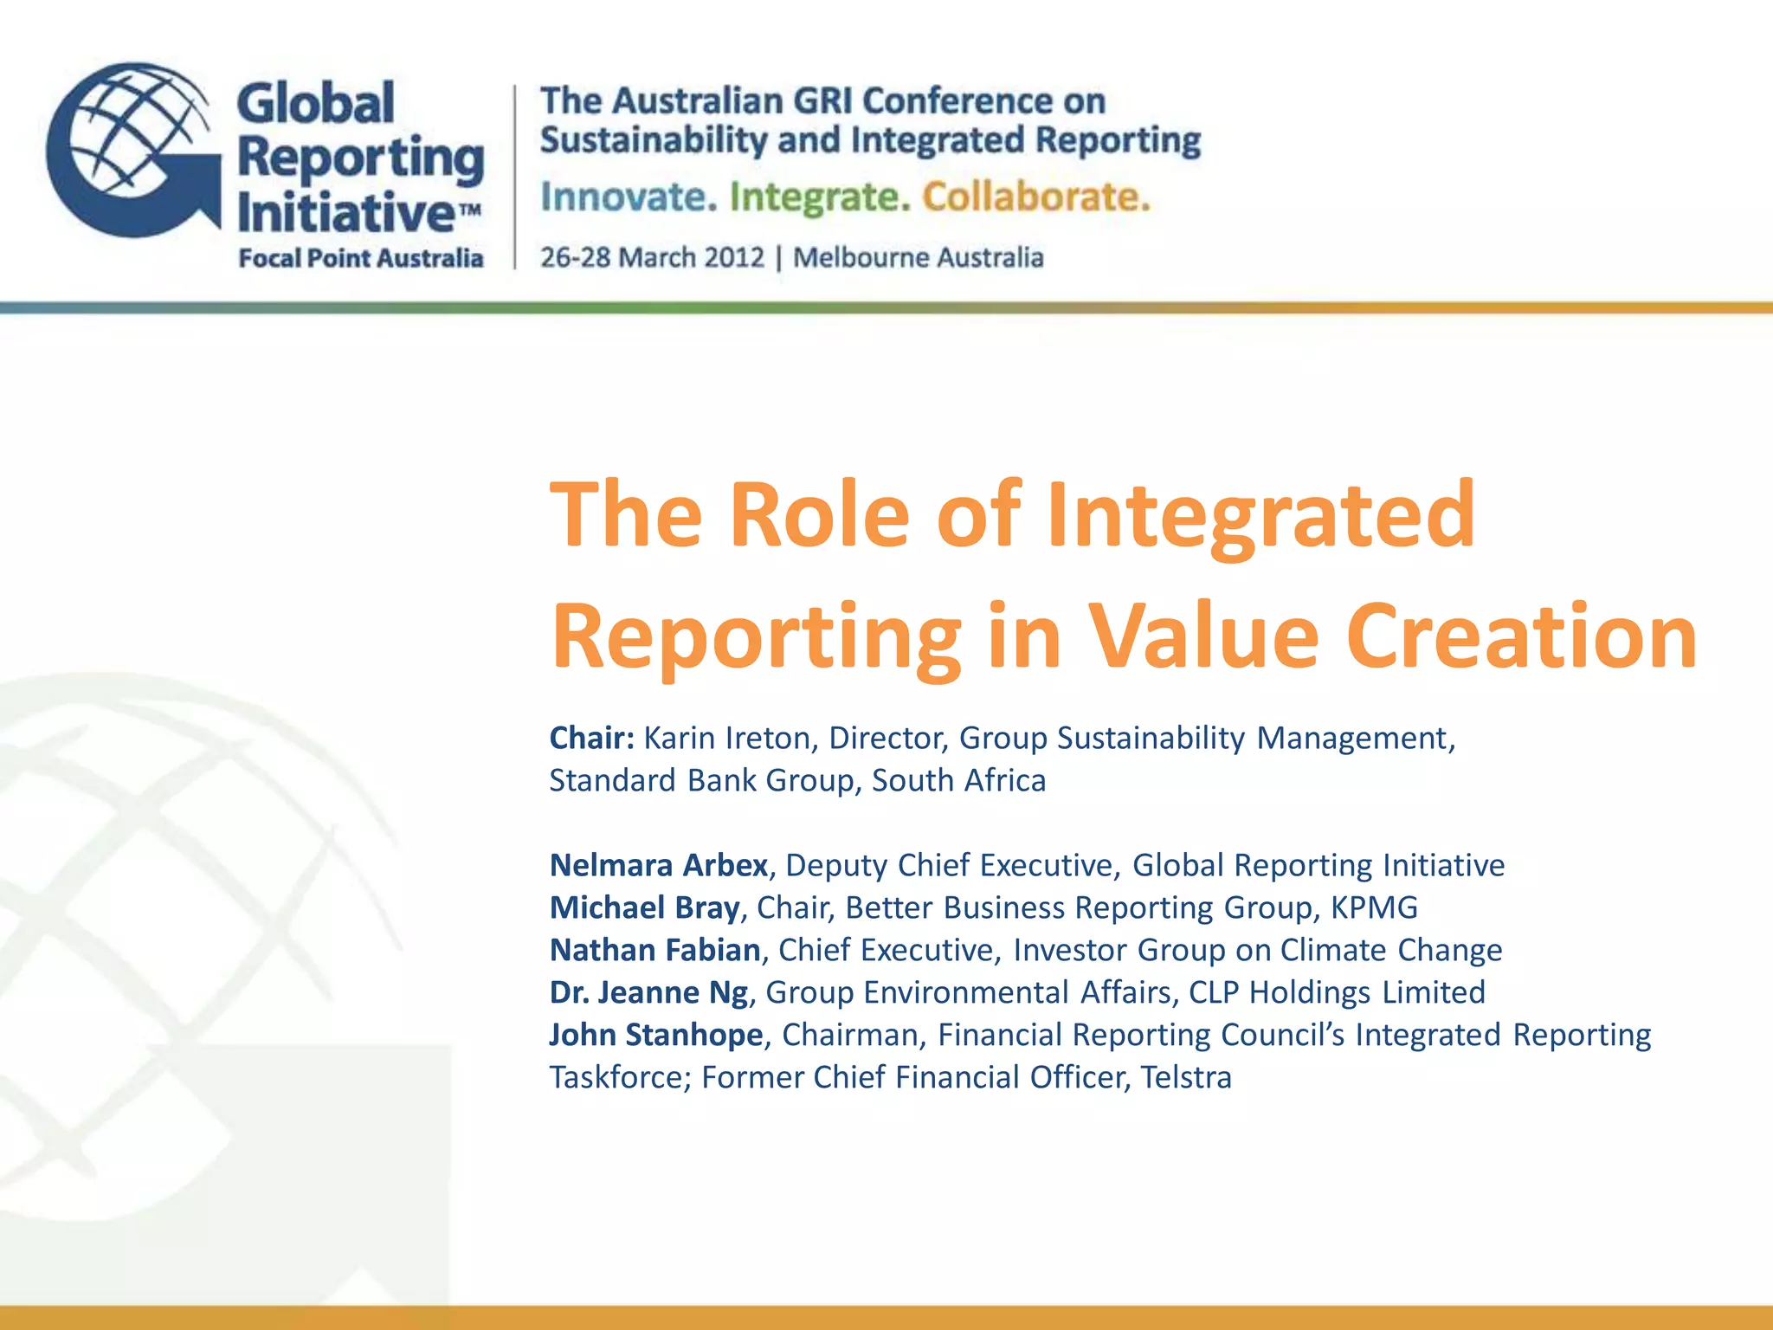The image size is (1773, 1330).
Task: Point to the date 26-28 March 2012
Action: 652,257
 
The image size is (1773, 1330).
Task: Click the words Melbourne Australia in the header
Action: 919,257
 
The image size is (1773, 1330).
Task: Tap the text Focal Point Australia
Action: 360,258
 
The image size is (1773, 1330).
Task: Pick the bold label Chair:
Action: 592,738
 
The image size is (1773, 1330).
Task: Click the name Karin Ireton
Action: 727,738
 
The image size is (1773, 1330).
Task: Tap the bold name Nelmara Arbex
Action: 659,865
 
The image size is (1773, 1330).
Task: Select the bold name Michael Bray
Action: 645,907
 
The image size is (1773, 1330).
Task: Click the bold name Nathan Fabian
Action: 655,950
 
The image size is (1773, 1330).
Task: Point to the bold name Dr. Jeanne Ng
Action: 648,992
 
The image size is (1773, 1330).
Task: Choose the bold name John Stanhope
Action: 656,1035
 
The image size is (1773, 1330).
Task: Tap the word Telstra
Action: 1185,1077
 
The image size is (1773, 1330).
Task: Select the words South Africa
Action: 958,780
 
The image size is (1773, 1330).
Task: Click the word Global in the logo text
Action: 315,104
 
